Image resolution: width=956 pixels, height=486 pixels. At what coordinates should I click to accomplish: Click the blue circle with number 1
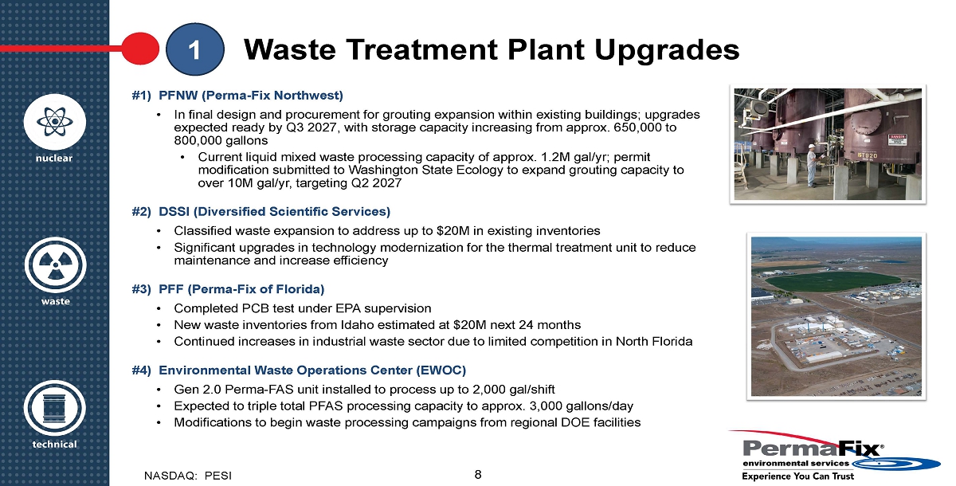[194, 49]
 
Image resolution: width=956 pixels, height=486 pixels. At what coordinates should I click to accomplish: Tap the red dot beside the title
[140, 49]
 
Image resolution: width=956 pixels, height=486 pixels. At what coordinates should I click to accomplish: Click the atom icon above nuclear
[55, 122]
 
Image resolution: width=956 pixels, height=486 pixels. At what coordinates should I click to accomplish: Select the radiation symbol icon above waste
[55, 265]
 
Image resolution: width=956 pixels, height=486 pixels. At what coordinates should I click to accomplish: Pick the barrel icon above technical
[55, 408]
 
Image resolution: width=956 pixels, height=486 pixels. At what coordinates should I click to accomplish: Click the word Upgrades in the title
[667, 50]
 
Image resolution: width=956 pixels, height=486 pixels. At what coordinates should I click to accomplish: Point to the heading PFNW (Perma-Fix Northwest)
[251, 95]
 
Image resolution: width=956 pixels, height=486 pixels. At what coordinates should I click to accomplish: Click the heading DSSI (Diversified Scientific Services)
[274, 212]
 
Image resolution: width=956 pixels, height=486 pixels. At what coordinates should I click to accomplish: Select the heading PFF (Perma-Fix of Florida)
[241, 289]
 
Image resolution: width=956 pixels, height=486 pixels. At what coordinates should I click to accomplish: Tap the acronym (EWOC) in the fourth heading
[441, 370]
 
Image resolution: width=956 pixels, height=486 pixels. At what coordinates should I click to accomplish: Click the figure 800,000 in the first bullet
[199, 140]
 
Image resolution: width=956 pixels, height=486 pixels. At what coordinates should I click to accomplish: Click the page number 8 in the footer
[478, 475]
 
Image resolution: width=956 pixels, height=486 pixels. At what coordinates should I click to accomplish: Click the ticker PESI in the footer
[218, 476]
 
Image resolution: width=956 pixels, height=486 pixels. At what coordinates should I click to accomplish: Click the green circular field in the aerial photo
[833, 281]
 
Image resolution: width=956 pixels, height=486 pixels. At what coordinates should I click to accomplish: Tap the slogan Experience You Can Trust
[798, 476]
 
